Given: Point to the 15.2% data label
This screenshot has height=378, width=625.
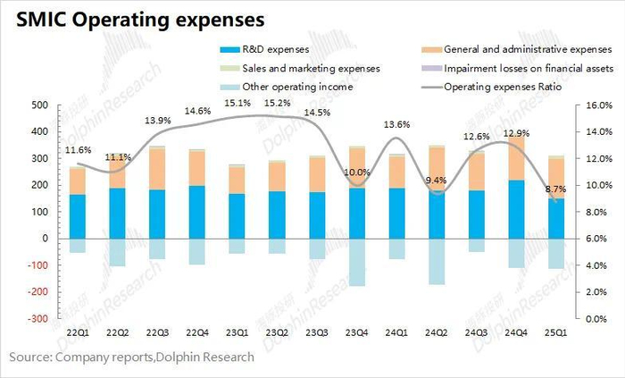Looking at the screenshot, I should coord(278,103).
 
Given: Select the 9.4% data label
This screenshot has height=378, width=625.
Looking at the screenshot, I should coord(437,181).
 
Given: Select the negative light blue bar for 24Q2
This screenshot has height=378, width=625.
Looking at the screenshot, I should coord(437,261).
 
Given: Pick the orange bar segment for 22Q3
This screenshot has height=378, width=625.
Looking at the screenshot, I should coord(157,169).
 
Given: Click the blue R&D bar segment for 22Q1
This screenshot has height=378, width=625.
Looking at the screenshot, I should coord(78,216).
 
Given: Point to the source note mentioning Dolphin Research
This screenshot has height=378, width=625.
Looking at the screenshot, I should coord(132,357).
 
